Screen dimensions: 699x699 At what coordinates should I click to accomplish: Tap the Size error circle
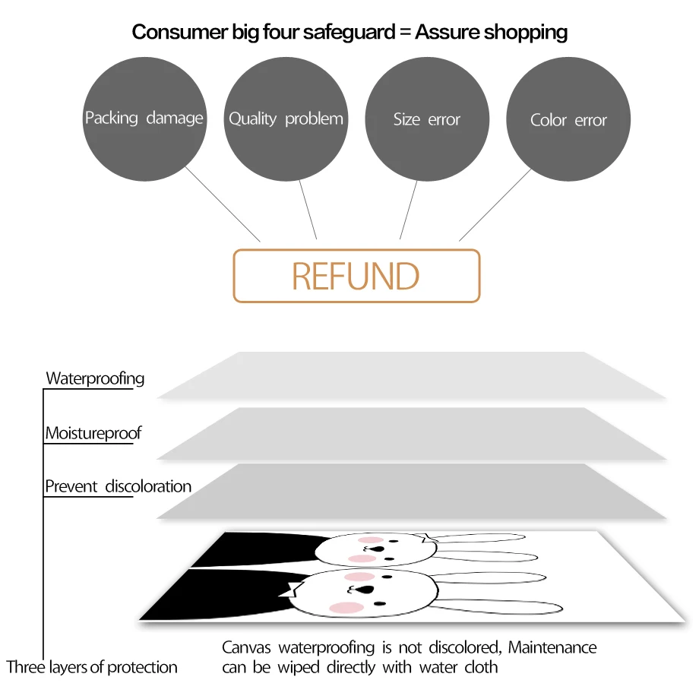[427, 119]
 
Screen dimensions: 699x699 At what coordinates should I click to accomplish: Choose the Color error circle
[568, 120]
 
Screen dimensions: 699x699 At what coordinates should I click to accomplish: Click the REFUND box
[356, 276]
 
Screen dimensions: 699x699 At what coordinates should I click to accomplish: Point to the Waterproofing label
[95, 378]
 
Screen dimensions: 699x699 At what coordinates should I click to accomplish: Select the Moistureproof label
[93, 434]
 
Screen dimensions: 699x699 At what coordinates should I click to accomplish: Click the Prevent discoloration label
[118, 486]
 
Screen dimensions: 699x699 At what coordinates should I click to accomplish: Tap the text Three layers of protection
[92, 668]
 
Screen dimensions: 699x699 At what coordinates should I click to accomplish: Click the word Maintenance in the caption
[552, 648]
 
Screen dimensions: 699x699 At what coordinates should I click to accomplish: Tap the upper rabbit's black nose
[389, 560]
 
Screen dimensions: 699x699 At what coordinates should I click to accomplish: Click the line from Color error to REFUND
[495, 205]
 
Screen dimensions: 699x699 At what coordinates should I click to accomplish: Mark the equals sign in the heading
[404, 33]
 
